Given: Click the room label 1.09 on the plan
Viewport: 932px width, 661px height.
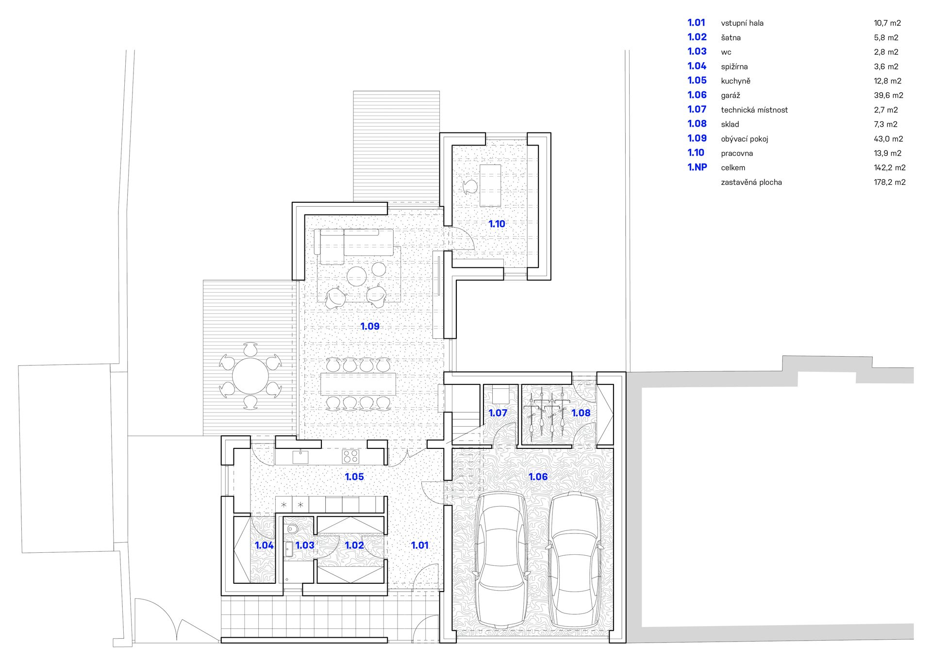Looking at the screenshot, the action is click(x=370, y=326).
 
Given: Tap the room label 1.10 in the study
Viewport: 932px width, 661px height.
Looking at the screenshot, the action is click(x=497, y=224).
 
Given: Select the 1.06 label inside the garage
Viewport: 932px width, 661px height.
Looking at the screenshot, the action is click(x=538, y=477).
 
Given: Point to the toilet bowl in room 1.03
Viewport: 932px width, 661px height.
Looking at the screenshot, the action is click(x=292, y=529).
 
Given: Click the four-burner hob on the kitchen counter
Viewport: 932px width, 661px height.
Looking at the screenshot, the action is click(x=350, y=456).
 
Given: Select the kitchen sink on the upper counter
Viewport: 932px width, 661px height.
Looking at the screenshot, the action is click(x=300, y=456).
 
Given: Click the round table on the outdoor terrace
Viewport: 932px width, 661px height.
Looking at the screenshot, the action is click(x=250, y=376).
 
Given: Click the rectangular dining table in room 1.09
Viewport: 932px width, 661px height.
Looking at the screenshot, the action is click(x=358, y=384).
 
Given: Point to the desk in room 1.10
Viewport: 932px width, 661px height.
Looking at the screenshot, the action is click(x=490, y=185).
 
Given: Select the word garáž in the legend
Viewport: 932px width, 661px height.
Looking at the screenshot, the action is click(x=731, y=96).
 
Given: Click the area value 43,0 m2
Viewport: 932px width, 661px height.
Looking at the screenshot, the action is click(x=888, y=139).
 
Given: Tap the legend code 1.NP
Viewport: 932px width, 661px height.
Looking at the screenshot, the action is click(x=697, y=167).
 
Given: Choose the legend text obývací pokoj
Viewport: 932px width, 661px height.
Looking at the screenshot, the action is click(x=745, y=139).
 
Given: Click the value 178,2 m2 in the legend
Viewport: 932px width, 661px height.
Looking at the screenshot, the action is click(x=890, y=182).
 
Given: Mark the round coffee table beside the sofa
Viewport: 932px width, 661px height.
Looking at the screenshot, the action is click(x=357, y=276).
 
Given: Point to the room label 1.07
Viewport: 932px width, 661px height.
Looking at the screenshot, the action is click(x=498, y=413).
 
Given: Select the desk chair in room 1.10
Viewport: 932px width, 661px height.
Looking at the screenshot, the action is click(x=470, y=187).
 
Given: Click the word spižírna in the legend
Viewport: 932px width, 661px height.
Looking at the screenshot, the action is click(x=734, y=67).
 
